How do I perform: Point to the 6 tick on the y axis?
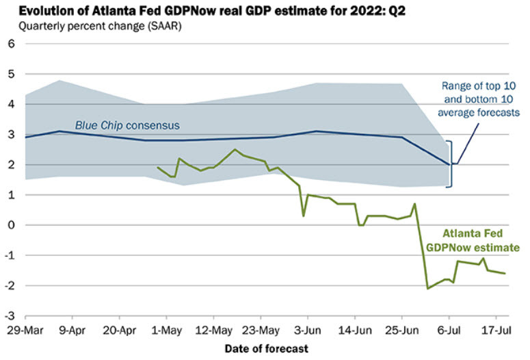(x=11, y=44)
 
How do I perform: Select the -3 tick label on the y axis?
(x=10, y=316)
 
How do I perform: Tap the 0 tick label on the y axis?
(x=11, y=225)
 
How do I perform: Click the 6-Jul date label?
(x=449, y=329)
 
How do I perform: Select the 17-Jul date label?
(x=495, y=329)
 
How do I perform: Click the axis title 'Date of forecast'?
(x=266, y=348)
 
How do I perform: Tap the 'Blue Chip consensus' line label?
(x=136, y=125)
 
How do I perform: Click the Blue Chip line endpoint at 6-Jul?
(x=449, y=164)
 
